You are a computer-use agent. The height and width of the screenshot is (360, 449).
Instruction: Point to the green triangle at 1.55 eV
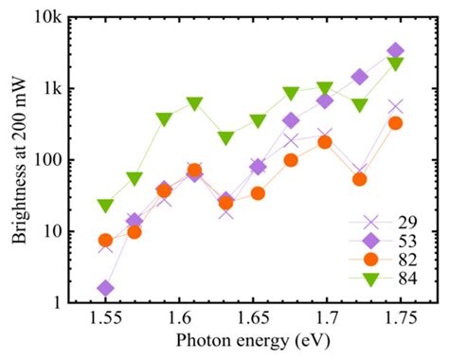pos(105,206)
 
